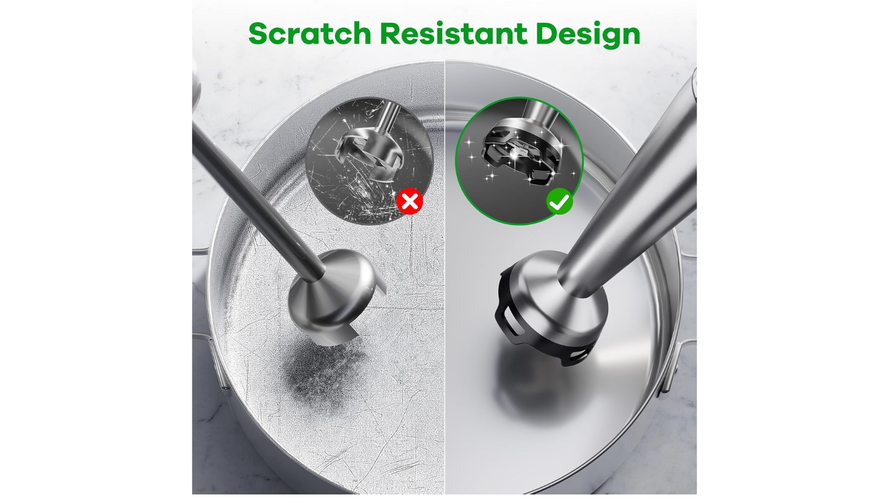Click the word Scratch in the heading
point(309,33)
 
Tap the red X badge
point(409,201)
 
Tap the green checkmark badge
point(560,202)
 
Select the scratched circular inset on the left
point(369,161)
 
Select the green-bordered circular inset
point(519,161)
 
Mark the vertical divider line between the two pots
point(444,278)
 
